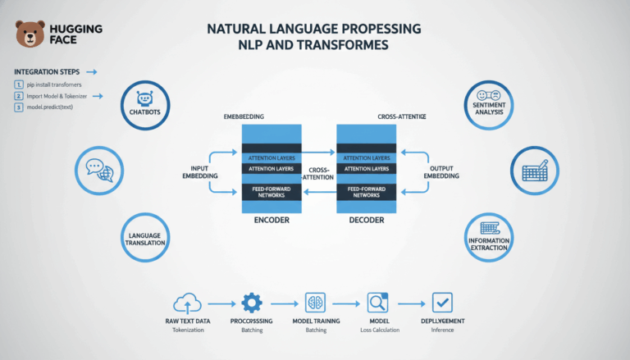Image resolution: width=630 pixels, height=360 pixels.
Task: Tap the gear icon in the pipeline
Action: [251, 302]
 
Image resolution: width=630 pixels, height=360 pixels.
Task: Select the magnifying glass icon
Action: [377, 302]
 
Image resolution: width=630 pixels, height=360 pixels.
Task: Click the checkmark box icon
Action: [442, 302]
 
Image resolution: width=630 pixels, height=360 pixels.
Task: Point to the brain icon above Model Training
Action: [316, 302]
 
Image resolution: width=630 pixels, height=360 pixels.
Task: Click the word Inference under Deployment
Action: [442, 330]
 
